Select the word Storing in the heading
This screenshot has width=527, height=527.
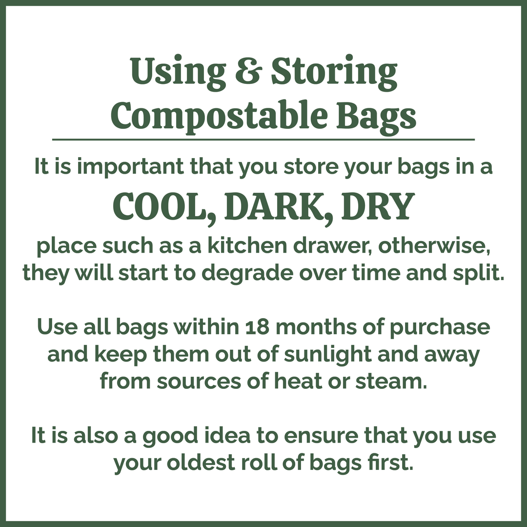(x=334, y=72)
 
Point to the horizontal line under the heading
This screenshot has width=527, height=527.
(x=263, y=140)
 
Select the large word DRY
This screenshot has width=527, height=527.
(x=377, y=207)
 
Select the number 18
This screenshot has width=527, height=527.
(x=255, y=327)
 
